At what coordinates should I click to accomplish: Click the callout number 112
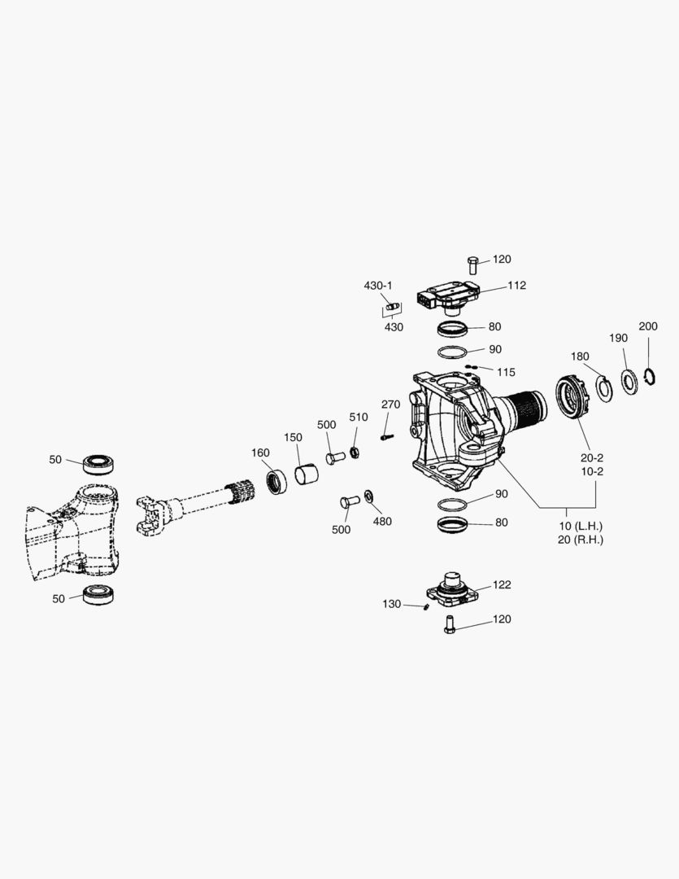point(516,285)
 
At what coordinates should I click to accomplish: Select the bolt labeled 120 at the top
point(474,263)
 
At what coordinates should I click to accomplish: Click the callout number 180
point(580,356)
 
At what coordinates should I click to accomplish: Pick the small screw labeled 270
point(387,436)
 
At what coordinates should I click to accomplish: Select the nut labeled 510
point(355,452)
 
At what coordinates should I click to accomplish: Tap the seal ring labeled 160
point(276,480)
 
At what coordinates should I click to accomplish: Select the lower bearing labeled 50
point(101,594)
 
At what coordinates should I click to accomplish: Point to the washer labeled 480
point(370,496)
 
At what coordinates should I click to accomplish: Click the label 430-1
point(377,286)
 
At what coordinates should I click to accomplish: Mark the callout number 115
point(506,372)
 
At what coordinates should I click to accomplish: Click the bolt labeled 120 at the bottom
point(449,625)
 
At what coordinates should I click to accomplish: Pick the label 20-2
point(591,457)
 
